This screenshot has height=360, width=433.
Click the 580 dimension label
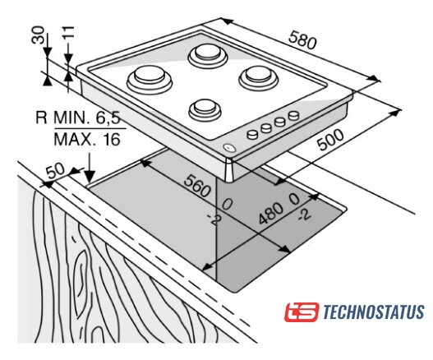(x=302, y=40)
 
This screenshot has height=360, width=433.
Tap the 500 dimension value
(x=330, y=140)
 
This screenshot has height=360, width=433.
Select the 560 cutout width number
(x=197, y=187)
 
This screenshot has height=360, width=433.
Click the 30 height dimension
(x=38, y=35)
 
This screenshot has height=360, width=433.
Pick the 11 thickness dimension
(x=68, y=32)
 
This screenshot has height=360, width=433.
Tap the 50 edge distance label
(x=55, y=171)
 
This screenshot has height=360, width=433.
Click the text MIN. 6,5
(x=87, y=118)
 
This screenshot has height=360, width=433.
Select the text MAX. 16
(x=87, y=140)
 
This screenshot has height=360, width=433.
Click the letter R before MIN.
(x=41, y=118)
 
